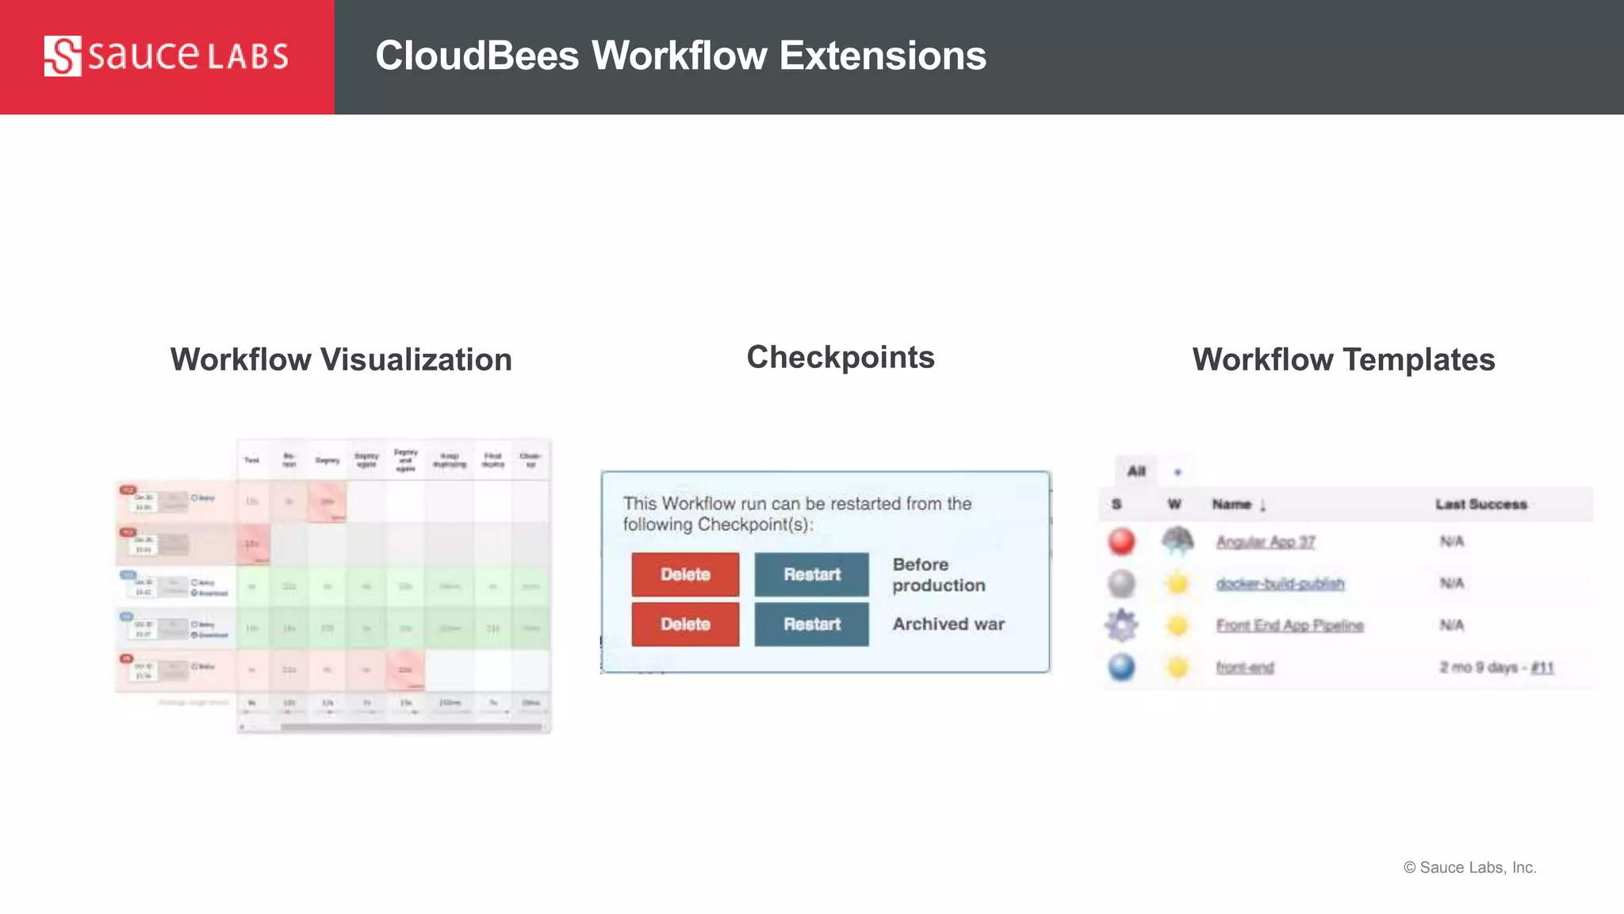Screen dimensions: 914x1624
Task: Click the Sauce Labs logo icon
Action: point(63,56)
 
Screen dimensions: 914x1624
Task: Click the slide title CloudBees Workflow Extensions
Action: point(680,56)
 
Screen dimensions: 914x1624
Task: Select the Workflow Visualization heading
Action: point(341,360)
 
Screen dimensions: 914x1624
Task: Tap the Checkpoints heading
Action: point(841,358)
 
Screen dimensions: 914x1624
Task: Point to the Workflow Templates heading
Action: point(1343,360)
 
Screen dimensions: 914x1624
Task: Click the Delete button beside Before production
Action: point(685,574)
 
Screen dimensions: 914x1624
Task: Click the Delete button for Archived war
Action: point(685,624)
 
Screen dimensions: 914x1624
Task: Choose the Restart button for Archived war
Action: point(811,624)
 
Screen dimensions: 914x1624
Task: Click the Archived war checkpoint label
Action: point(948,624)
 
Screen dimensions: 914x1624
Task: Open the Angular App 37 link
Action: point(1266,542)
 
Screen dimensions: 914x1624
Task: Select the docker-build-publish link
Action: point(1280,584)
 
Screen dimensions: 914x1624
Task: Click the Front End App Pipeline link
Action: point(1289,625)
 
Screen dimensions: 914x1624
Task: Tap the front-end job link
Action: point(1245,667)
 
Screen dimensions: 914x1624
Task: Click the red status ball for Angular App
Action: point(1121,542)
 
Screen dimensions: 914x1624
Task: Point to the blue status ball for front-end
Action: point(1121,667)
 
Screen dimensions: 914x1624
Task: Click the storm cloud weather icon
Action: point(1178,542)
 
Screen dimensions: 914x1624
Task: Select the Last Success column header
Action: point(1480,505)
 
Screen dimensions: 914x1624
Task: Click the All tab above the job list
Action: point(1136,471)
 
